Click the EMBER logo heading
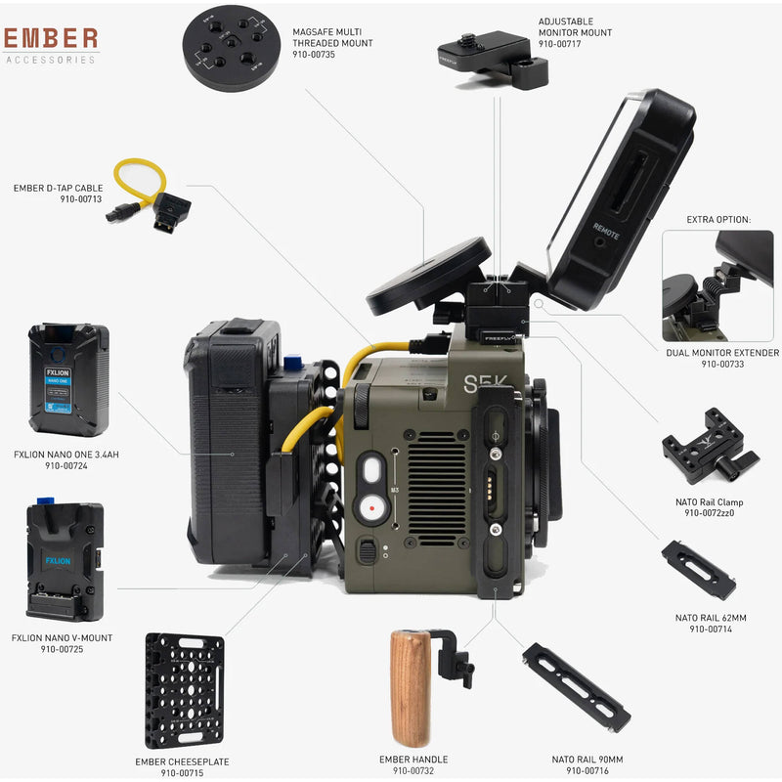click(x=51, y=38)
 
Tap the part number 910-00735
click(x=314, y=56)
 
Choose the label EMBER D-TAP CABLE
click(x=58, y=188)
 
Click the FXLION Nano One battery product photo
click(x=68, y=379)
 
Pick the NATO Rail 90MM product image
click(x=576, y=688)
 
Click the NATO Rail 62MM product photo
click(x=697, y=570)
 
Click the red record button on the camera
click(x=370, y=508)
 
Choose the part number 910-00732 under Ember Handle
click(x=413, y=771)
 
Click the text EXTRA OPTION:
click(x=717, y=219)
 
